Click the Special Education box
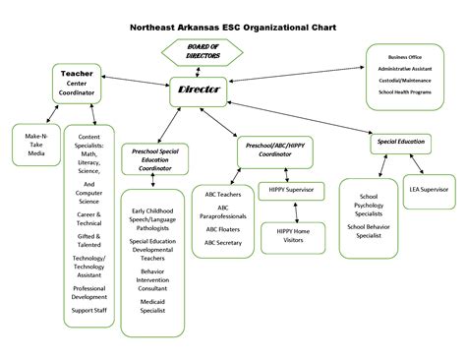401,142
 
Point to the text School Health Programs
404,91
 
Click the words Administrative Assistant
404,69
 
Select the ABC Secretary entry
222,241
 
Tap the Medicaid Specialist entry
152,307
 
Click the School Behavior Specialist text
370,231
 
